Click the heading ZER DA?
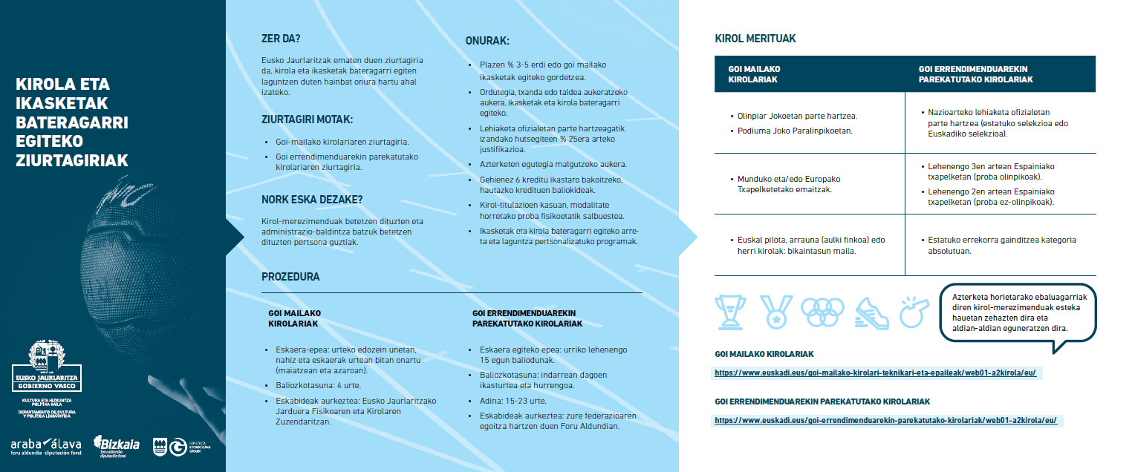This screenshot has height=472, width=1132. pos(281,38)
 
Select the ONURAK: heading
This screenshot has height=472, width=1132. pos(487,42)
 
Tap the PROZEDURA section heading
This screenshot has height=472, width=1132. pos(290,277)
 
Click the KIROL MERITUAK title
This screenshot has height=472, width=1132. pos(755,39)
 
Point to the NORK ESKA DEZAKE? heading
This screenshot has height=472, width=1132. pos(312,200)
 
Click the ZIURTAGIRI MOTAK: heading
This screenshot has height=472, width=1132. pos(307,119)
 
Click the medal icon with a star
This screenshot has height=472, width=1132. pos(776,312)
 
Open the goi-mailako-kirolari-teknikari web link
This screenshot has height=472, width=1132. pos(875,373)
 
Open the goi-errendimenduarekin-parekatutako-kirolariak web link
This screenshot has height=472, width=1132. pos(885,420)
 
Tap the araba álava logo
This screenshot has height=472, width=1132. pos(46,445)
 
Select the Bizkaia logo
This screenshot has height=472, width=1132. pos(117,445)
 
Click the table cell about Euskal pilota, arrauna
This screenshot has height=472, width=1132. pos(810,245)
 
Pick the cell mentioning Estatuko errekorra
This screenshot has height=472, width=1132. pos(999,245)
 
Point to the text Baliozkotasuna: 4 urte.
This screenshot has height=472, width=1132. pos(309,385)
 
